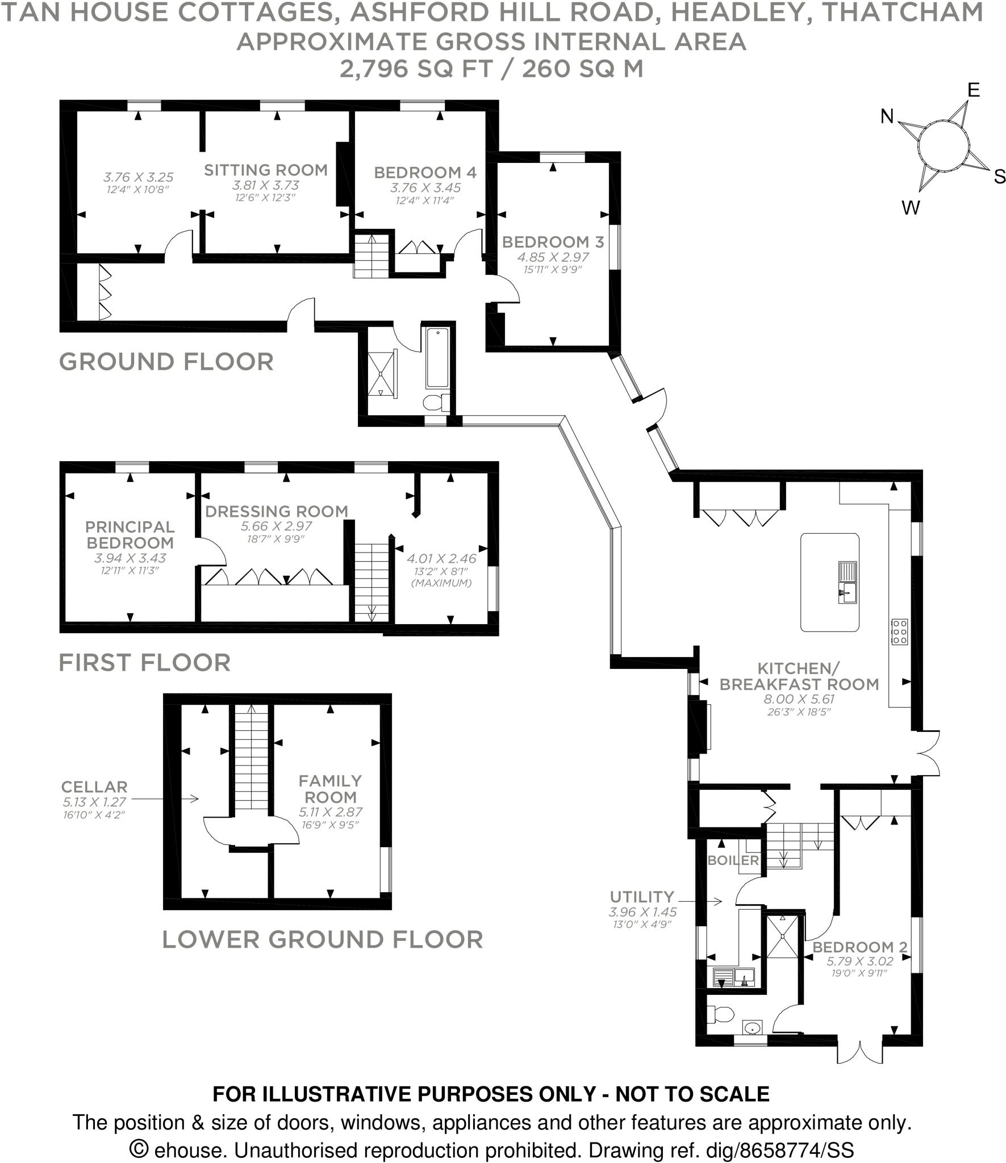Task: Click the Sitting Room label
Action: pos(265,170)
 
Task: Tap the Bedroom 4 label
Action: pos(425,172)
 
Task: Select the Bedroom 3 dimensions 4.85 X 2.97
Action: pos(553,257)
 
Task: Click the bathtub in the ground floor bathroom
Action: pos(437,358)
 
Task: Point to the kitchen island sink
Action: pos(846,594)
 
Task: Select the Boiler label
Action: pos(733,860)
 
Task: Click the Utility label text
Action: pos(642,897)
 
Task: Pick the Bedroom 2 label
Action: pos(859,947)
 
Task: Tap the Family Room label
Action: pos(330,789)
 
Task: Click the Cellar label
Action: pos(94,787)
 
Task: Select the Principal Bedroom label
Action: pos(130,535)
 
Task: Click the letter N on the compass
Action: pos(887,117)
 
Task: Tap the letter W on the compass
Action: pos(910,208)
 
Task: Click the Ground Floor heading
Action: pos(166,362)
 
